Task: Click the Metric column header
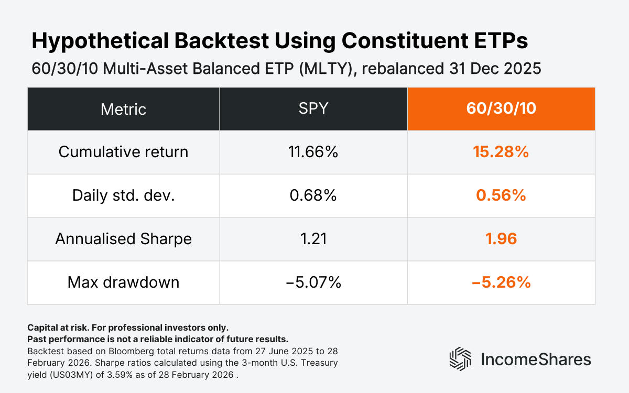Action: pyautogui.click(x=123, y=109)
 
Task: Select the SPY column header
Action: pyautogui.click(x=313, y=109)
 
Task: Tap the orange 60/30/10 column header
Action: pyautogui.click(x=501, y=109)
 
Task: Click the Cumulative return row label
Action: pyautogui.click(x=123, y=152)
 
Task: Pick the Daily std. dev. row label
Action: pyautogui.click(x=123, y=195)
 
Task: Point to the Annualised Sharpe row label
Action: pyautogui.click(x=123, y=239)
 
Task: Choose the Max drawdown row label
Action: pyautogui.click(x=123, y=282)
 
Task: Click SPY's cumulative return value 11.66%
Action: pyautogui.click(x=313, y=152)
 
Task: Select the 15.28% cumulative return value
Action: pyautogui.click(x=501, y=152)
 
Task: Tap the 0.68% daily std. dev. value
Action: pyautogui.click(x=313, y=195)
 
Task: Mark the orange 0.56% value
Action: pyautogui.click(x=501, y=195)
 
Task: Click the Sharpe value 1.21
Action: pyautogui.click(x=313, y=239)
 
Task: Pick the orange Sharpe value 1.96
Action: pyautogui.click(x=501, y=239)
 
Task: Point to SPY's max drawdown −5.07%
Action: pyautogui.click(x=313, y=282)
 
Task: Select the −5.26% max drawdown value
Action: pyautogui.click(x=501, y=282)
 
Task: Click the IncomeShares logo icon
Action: pyautogui.click(x=460, y=359)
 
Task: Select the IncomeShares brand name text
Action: pyautogui.click(x=535, y=359)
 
